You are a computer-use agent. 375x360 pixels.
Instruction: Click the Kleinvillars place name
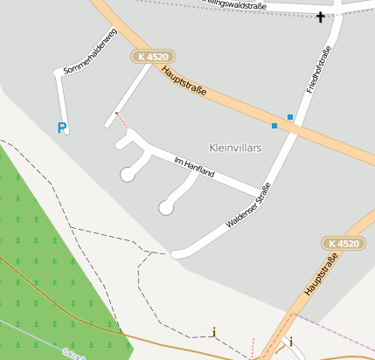click(236, 148)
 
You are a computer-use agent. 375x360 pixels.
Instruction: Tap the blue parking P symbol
click(61, 128)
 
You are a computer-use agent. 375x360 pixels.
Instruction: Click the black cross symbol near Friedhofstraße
click(321, 17)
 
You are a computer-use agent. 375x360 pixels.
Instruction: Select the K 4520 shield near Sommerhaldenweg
click(153, 57)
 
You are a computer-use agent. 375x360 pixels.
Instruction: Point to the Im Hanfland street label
click(195, 166)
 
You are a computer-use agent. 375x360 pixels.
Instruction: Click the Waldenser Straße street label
click(248, 205)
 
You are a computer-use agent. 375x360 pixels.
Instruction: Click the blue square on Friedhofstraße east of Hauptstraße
click(290, 116)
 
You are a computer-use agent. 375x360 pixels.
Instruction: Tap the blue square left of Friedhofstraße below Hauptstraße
click(274, 126)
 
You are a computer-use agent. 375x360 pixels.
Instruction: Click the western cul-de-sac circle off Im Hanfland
click(128, 175)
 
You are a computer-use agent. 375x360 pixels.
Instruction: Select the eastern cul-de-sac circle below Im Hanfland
click(165, 207)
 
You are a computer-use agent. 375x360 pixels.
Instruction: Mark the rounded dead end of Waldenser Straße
click(177, 254)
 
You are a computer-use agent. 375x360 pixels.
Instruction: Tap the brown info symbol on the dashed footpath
click(214, 332)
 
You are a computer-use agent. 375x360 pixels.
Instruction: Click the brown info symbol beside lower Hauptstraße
click(291, 340)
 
